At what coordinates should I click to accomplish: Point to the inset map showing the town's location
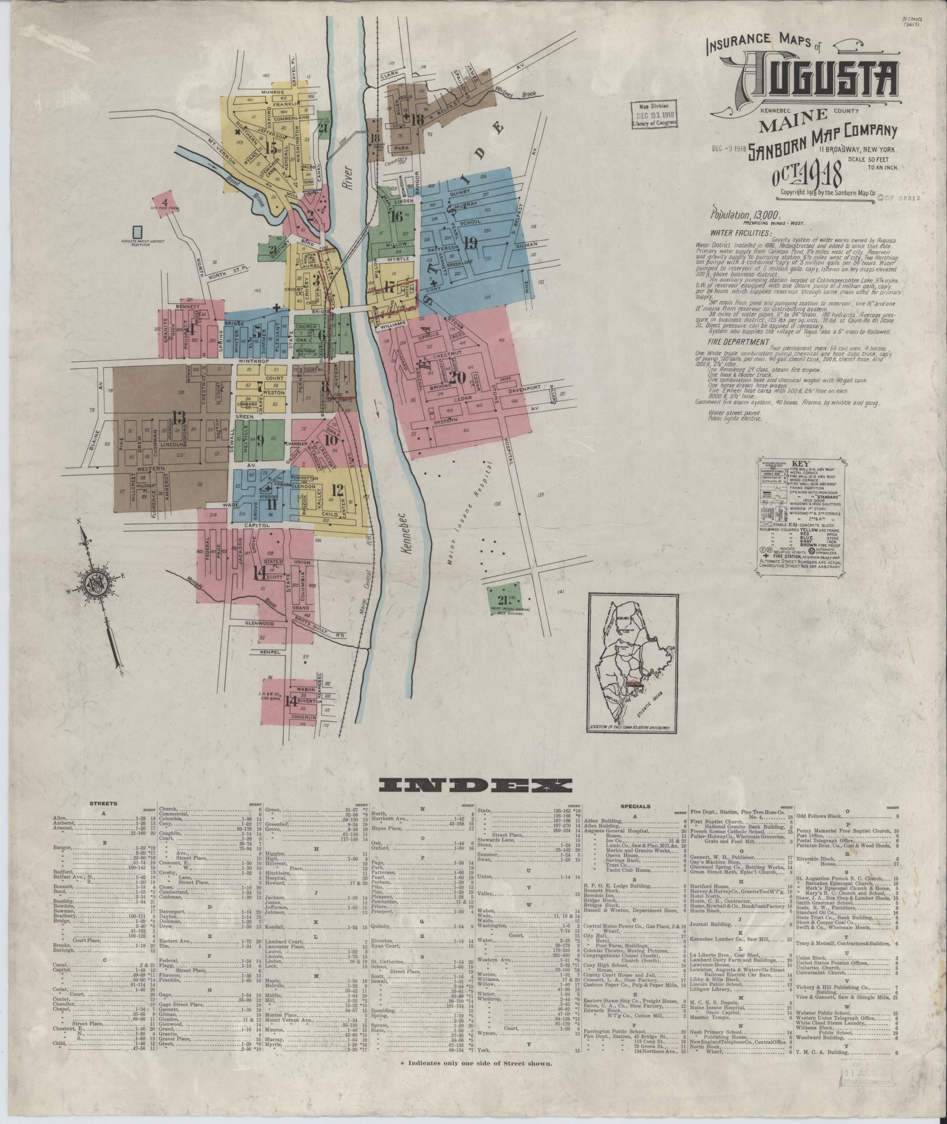coord(632,663)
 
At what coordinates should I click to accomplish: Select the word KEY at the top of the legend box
coord(804,462)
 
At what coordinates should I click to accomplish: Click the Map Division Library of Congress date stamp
coord(655,114)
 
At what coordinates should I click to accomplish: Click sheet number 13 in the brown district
coord(179,416)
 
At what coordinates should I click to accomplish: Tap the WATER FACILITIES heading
coord(741,233)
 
